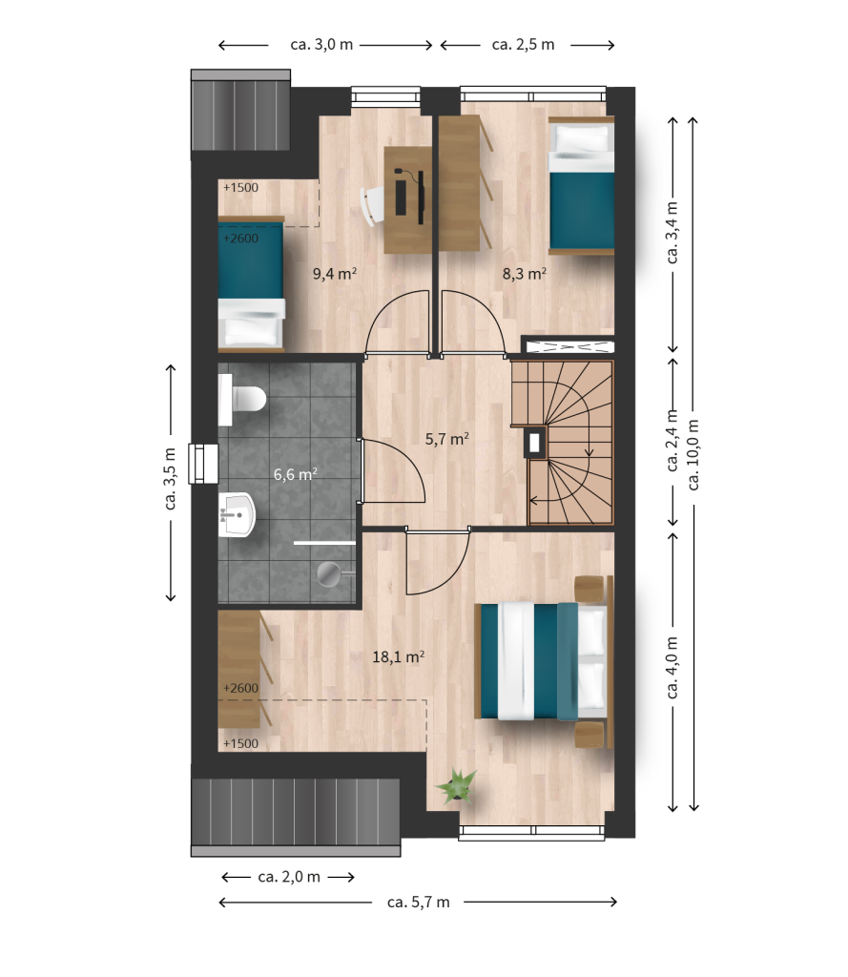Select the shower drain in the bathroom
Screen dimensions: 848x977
click(x=328, y=573)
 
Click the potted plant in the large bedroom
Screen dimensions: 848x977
click(x=457, y=786)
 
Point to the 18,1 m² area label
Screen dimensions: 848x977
click(x=398, y=656)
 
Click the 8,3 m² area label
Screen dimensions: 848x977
click(x=525, y=273)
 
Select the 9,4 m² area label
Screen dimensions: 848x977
click(x=335, y=273)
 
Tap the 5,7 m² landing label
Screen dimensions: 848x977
click(x=446, y=439)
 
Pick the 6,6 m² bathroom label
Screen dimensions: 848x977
click(x=296, y=474)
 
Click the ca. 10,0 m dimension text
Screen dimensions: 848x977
click(x=693, y=454)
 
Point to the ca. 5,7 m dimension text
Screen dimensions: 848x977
click(x=418, y=902)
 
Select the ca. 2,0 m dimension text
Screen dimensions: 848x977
click(x=289, y=877)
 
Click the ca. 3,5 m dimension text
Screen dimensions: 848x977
click(x=170, y=479)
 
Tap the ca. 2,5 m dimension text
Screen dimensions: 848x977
click(x=524, y=44)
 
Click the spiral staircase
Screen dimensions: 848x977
click(x=563, y=443)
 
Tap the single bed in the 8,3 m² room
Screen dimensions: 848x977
click(x=581, y=186)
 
